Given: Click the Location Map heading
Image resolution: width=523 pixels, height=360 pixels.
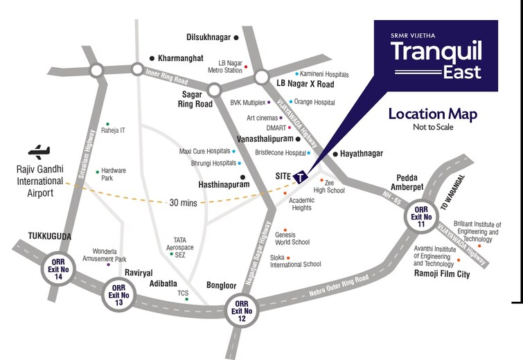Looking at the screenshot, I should pos(432,115).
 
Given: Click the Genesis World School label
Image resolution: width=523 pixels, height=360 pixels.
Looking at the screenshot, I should pos(292,238).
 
